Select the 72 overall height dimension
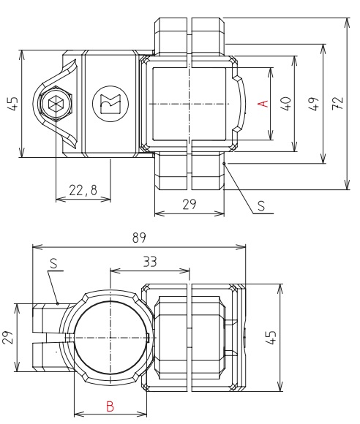click(x=337, y=103)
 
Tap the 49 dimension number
click(x=312, y=103)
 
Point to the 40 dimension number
click(x=286, y=103)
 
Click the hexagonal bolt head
click(x=56, y=105)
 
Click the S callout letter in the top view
click(x=261, y=207)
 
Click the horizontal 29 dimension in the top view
click(x=188, y=205)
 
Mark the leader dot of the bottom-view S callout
click(x=57, y=301)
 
